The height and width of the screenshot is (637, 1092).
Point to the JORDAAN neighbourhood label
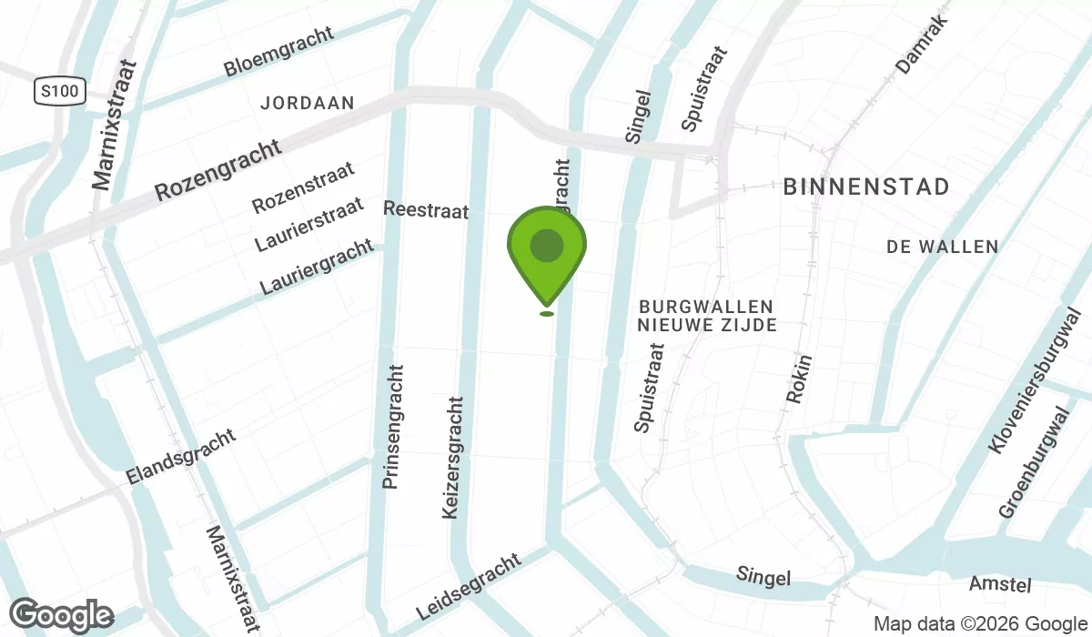pos(307,104)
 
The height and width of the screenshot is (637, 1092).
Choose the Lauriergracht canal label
pos(317,266)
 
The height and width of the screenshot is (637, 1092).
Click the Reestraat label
pos(426,210)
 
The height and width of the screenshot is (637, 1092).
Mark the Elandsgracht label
pos(181,456)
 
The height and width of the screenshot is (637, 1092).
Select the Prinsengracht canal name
pos(392,427)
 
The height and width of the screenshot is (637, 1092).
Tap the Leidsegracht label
pos(468,586)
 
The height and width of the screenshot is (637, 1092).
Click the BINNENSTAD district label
pos(866,187)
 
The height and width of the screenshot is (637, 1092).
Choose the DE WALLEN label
pos(942,247)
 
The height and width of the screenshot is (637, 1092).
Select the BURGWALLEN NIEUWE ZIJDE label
pos(706,316)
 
